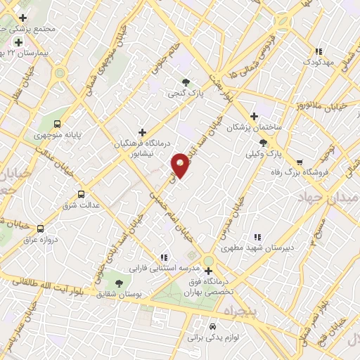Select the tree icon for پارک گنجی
[186, 82]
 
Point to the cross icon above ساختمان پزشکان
[255, 116]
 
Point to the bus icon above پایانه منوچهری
[57, 122]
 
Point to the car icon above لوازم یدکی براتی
[213, 327]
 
